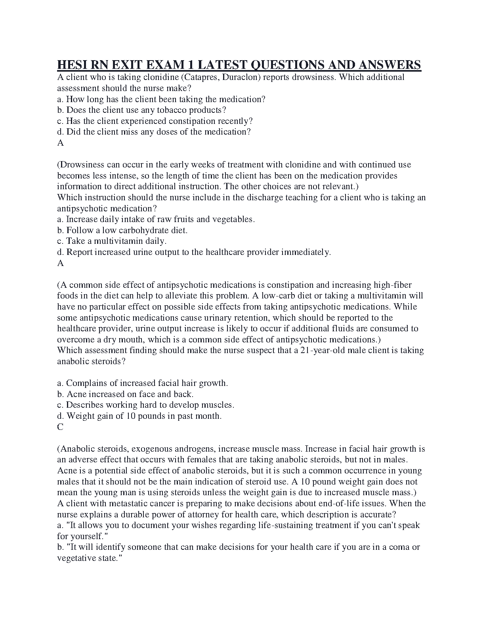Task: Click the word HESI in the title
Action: coord(72,65)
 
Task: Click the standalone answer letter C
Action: coord(60,427)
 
